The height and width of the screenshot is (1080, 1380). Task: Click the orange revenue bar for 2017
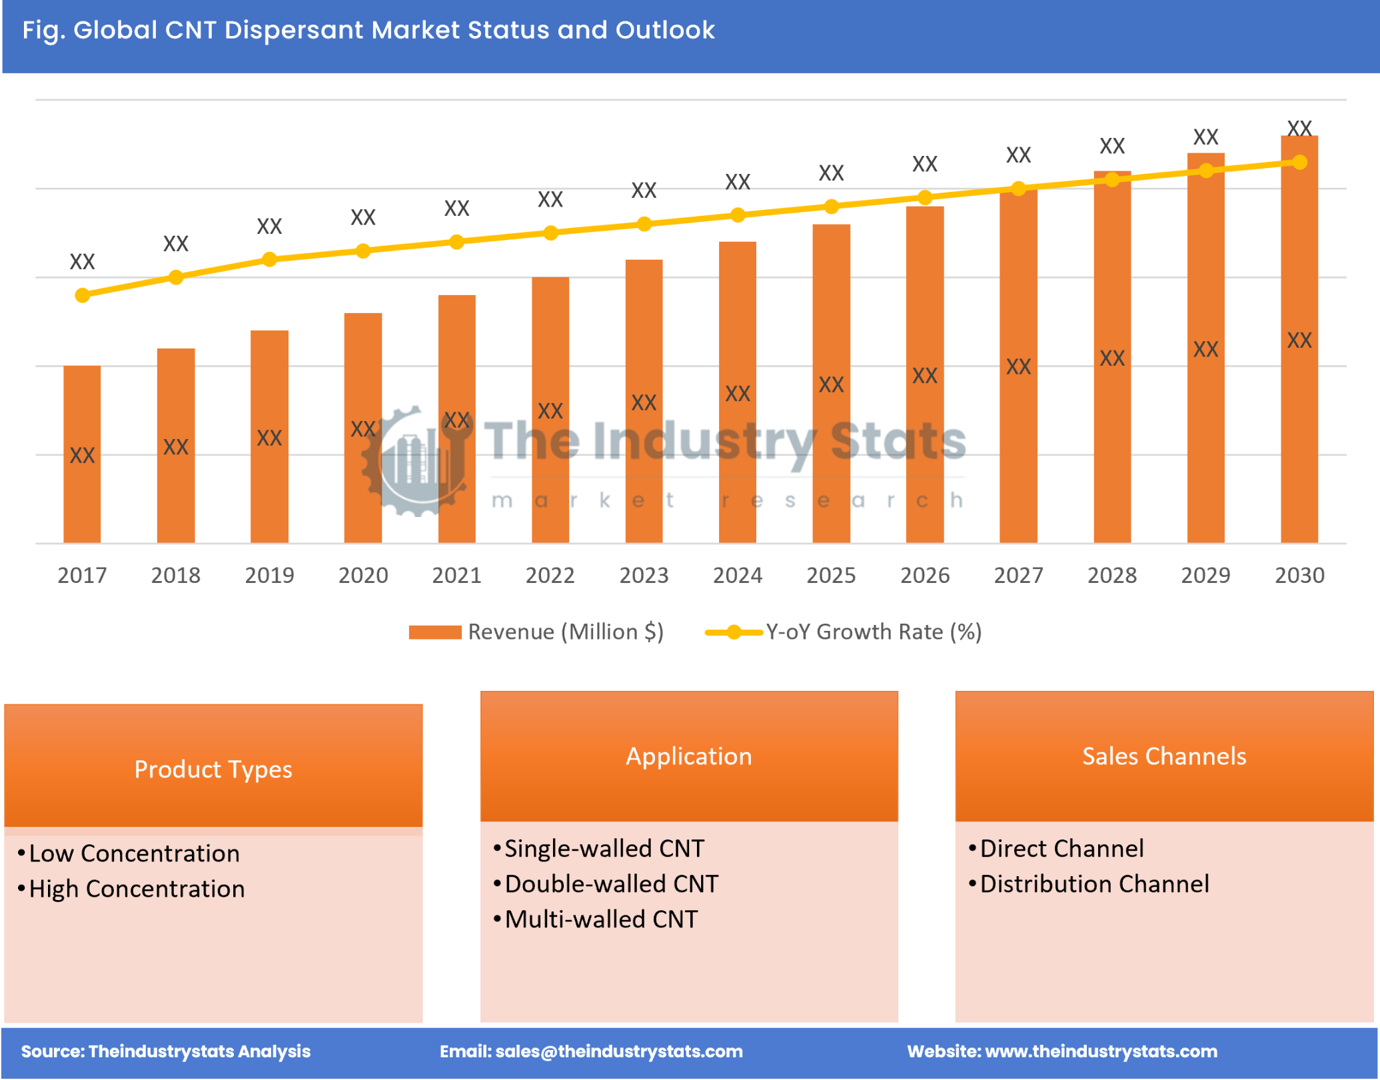tap(82, 454)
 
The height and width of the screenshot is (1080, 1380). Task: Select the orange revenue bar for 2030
tap(1299, 340)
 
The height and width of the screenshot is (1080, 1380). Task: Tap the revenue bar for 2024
tap(737, 393)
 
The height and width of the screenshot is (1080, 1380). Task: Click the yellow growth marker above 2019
tap(269, 259)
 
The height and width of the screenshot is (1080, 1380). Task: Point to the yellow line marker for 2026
tap(924, 197)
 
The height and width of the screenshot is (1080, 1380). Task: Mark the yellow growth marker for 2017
tap(82, 295)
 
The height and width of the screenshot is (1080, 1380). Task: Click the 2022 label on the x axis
tap(550, 575)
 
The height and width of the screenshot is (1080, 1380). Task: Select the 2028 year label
tap(1111, 575)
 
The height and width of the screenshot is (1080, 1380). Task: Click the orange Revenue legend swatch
tap(434, 632)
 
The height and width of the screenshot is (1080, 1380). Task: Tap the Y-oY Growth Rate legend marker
tap(733, 632)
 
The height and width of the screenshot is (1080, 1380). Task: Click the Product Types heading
tap(213, 770)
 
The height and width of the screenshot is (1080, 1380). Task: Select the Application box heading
tap(689, 756)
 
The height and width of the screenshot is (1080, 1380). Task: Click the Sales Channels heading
tap(1163, 756)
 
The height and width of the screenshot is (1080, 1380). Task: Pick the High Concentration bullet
tap(137, 889)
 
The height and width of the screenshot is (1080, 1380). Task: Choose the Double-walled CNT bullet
tap(611, 884)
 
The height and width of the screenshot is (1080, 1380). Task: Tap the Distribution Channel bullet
tap(1093, 884)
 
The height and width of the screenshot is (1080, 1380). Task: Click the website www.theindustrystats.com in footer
tap(1101, 1051)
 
